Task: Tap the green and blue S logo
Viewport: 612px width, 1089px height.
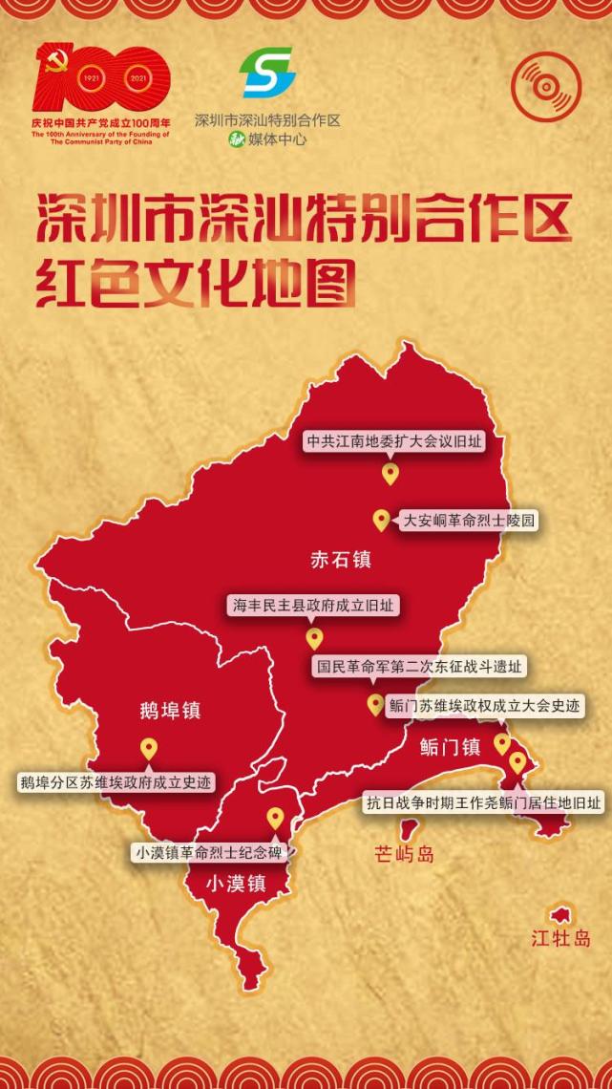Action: tap(267, 73)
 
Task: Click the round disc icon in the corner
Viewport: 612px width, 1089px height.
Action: tap(545, 86)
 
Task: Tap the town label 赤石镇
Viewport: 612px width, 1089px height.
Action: tap(341, 560)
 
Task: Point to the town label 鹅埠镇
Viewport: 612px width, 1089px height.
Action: tap(170, 711)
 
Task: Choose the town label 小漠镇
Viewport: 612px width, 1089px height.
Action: tap(236, 885)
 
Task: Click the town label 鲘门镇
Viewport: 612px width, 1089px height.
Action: tap(450, 747)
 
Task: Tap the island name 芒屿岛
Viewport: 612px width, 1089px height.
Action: tap(405, 854)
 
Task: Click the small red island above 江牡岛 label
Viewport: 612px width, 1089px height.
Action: tap(559, 914)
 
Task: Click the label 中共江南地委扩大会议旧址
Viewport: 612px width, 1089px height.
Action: tap(393, 442)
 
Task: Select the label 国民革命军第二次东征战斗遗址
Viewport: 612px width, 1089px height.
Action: tap(419, 667)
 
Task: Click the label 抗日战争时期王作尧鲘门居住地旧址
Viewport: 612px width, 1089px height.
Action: tap(484, 802)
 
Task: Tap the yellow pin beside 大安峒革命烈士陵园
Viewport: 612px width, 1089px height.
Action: tap(380, 520)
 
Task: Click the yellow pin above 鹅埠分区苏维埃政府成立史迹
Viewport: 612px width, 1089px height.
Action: tap(148, 749)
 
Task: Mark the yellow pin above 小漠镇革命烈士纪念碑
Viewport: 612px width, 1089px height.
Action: tap(275, 818)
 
